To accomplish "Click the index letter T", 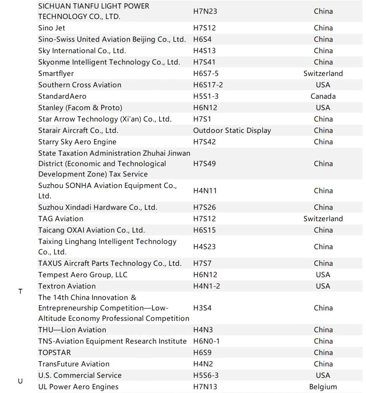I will click(20, 291).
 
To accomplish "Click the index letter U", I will click(20, 381).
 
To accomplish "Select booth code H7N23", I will click(205, 11).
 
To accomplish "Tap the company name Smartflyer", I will click(56, 73).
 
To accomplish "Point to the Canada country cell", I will click(323, 96).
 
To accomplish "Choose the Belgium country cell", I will click(323, 387).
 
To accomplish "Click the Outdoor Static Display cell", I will click(232, 130).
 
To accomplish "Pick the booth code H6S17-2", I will click(208, 85).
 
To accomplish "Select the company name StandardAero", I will click(62, 96).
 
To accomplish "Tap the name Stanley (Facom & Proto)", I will click(80, 108).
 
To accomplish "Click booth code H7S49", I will click(204, 163).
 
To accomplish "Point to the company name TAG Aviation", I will click(61, 219).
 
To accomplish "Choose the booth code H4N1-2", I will click(206, 286).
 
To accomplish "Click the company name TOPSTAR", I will click(55, 352).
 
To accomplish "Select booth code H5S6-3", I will click(206, 375).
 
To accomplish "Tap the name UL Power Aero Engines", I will click(78, 387).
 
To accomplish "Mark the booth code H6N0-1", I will click(206, 341).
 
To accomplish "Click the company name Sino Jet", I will click(52, 28).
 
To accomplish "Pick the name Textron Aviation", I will click(67, 286).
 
